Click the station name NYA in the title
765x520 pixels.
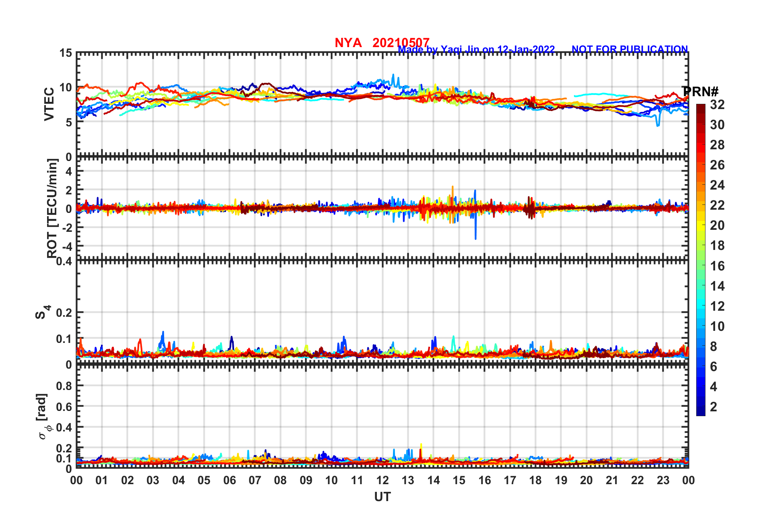click(x=348, y=43)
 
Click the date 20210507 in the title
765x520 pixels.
click(x=401, y=43)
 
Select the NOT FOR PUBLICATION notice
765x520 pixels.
click(x=629, y=49)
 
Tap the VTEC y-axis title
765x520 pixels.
click(x=49, y=104)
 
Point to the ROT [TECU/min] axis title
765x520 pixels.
click(x=52, y=208)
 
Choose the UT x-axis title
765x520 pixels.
click(x=382, y=497)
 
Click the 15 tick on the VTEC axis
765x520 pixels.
click(x=66, y=53)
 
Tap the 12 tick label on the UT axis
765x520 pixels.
click(x=382, y=480)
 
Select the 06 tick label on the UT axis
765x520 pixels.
click(x=229, y=480)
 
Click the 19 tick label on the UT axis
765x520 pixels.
click(x=561, y=480)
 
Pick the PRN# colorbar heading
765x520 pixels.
click(x=700, y=92)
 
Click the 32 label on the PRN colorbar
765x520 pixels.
click(x=717, y=105)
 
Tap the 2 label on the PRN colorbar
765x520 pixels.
click(x=714, y=407)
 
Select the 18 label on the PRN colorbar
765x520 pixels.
click(x=717, y=246)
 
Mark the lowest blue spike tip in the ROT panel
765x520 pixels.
click(x=475, y=239)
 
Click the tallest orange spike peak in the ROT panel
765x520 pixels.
click(x=452, y=186)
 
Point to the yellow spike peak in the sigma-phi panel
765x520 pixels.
click(x=421, y=444)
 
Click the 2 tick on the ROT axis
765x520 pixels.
click(x=69, y=190)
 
